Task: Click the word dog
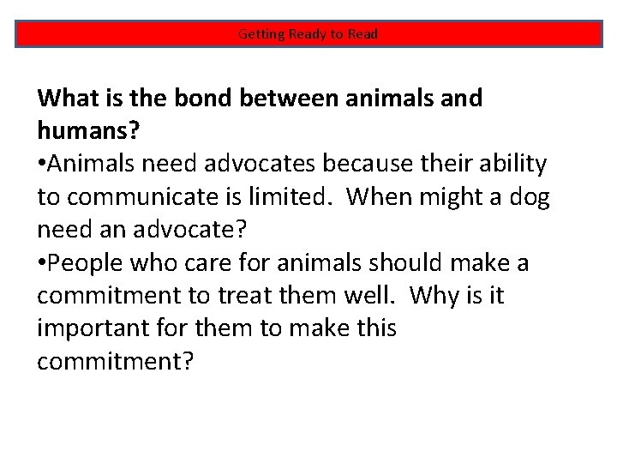click(x=528, y=197)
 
